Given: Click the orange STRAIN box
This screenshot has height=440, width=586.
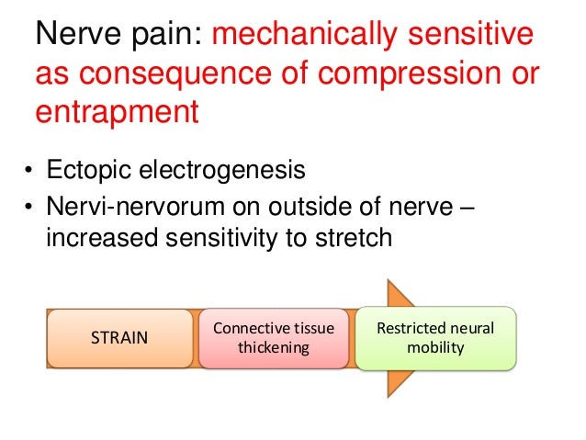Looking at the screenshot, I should point(119,338).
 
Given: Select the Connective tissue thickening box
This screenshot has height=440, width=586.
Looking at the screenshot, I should point(273,338).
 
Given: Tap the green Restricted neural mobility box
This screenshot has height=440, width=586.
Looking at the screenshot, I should point(434,338).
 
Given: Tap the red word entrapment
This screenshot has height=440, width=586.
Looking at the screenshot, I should point(117,113).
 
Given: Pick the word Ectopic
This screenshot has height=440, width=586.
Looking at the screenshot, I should point(86,171).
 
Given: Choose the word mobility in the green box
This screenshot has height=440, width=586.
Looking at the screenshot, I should point(435,348).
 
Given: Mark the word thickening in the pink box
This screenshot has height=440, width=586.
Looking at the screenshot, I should point(273,348).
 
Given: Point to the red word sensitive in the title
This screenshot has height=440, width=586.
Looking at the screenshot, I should point(478,36).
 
